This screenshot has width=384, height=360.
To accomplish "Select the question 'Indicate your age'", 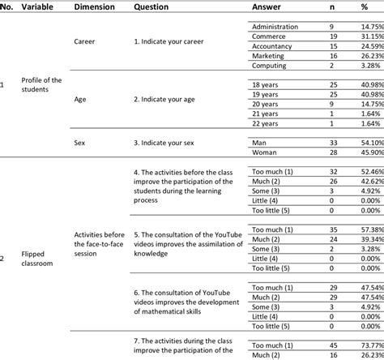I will tap(172, 99).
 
